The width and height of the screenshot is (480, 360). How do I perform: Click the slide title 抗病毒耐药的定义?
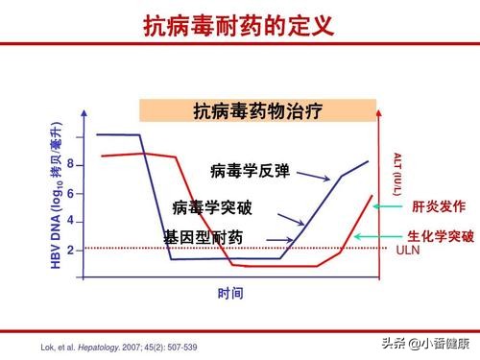pyautogui.click(x=239, y=26)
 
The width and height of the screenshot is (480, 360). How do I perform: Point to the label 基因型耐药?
pyautogui.click(x=203, y=236)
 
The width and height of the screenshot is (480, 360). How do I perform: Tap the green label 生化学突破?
pyautogui.click(x=441, y=235)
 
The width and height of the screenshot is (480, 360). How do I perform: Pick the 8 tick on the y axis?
pyautogui.click(x=70, y=165)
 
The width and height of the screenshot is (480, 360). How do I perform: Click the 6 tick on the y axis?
pyautogui.click(x=70, y=193)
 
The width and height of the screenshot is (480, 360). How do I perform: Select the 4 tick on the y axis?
pyautogui.click(x=70, y=221)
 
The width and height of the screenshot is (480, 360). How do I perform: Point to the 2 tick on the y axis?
pyautogui.click(x=70, y=249)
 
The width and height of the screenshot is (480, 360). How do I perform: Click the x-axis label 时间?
pyautogui.click(x=229, y=293)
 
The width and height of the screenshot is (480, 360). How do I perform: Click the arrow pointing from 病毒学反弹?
pyautogui.click(x=310, y=175)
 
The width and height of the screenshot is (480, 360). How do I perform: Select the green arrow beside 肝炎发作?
pyautogui.click(x=388, y=205)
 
